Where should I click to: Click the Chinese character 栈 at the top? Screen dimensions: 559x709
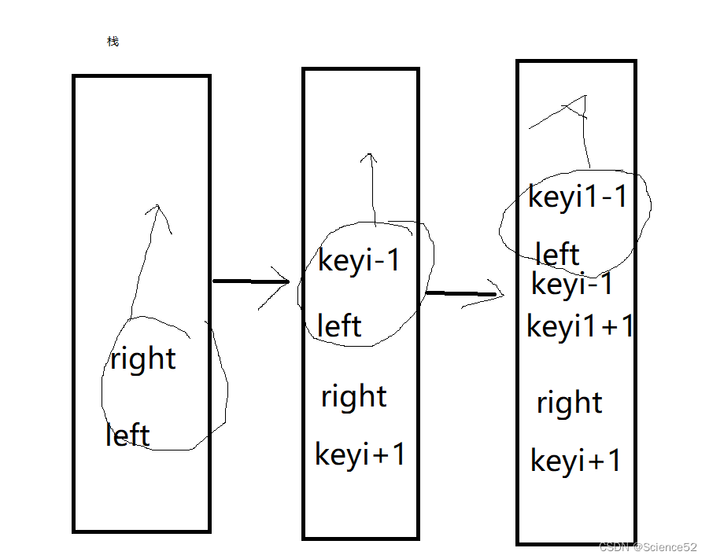(113, 42)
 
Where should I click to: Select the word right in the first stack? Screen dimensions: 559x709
(143, 359)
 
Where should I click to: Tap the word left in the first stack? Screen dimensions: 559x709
(127, 435)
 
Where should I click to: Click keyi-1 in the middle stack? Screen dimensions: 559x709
(360, 260)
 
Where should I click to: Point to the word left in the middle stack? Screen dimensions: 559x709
(339, 325)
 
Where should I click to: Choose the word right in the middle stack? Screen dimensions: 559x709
(354, 396)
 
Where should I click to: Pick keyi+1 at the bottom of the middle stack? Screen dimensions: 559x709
(360, 454)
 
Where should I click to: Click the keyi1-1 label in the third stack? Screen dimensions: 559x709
(578, 197)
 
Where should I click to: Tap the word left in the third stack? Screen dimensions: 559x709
(557, 254)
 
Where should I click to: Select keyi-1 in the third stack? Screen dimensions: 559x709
(572, 284)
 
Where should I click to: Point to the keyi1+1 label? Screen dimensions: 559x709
(580, 325)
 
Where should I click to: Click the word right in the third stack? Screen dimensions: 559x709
(570, 403)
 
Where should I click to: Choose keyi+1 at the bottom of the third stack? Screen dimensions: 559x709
(576, 460)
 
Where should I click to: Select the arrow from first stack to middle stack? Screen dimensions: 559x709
(252, 281)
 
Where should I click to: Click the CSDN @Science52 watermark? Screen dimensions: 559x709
(648, 547)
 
